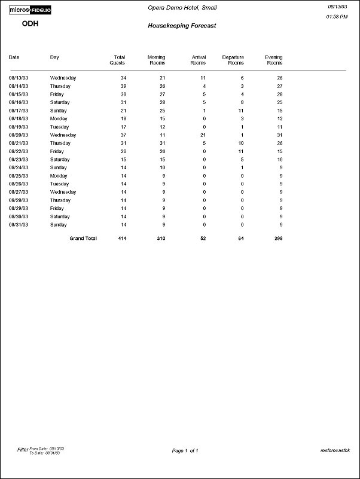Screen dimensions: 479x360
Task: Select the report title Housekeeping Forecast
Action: (182, 26)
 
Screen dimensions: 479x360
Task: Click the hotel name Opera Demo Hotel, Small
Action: (182, 8)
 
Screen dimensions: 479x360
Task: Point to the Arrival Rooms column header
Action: (198, 60)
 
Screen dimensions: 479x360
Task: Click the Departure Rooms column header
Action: (233, 60)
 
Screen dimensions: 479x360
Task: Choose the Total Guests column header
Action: (118, 60)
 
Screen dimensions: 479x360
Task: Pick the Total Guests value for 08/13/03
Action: (123, 78)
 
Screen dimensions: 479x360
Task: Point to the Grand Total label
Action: (83, 238)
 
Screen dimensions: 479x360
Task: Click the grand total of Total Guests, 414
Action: (122, 238)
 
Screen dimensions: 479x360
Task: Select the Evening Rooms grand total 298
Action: (278, 238)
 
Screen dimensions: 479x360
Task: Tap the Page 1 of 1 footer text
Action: (185, 450)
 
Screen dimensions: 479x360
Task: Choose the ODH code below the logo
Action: (30, 24)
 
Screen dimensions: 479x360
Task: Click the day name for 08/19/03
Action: (60, 127)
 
